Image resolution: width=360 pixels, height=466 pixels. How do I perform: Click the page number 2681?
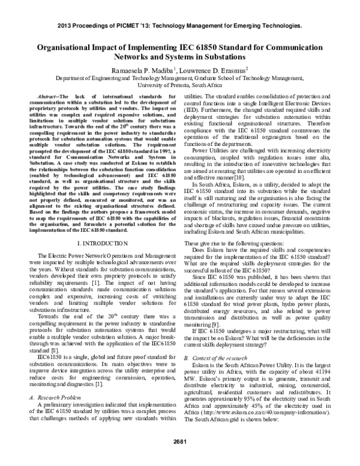click(x=179, y=443)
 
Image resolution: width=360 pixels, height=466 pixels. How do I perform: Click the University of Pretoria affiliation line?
click(x=179, y=85)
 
